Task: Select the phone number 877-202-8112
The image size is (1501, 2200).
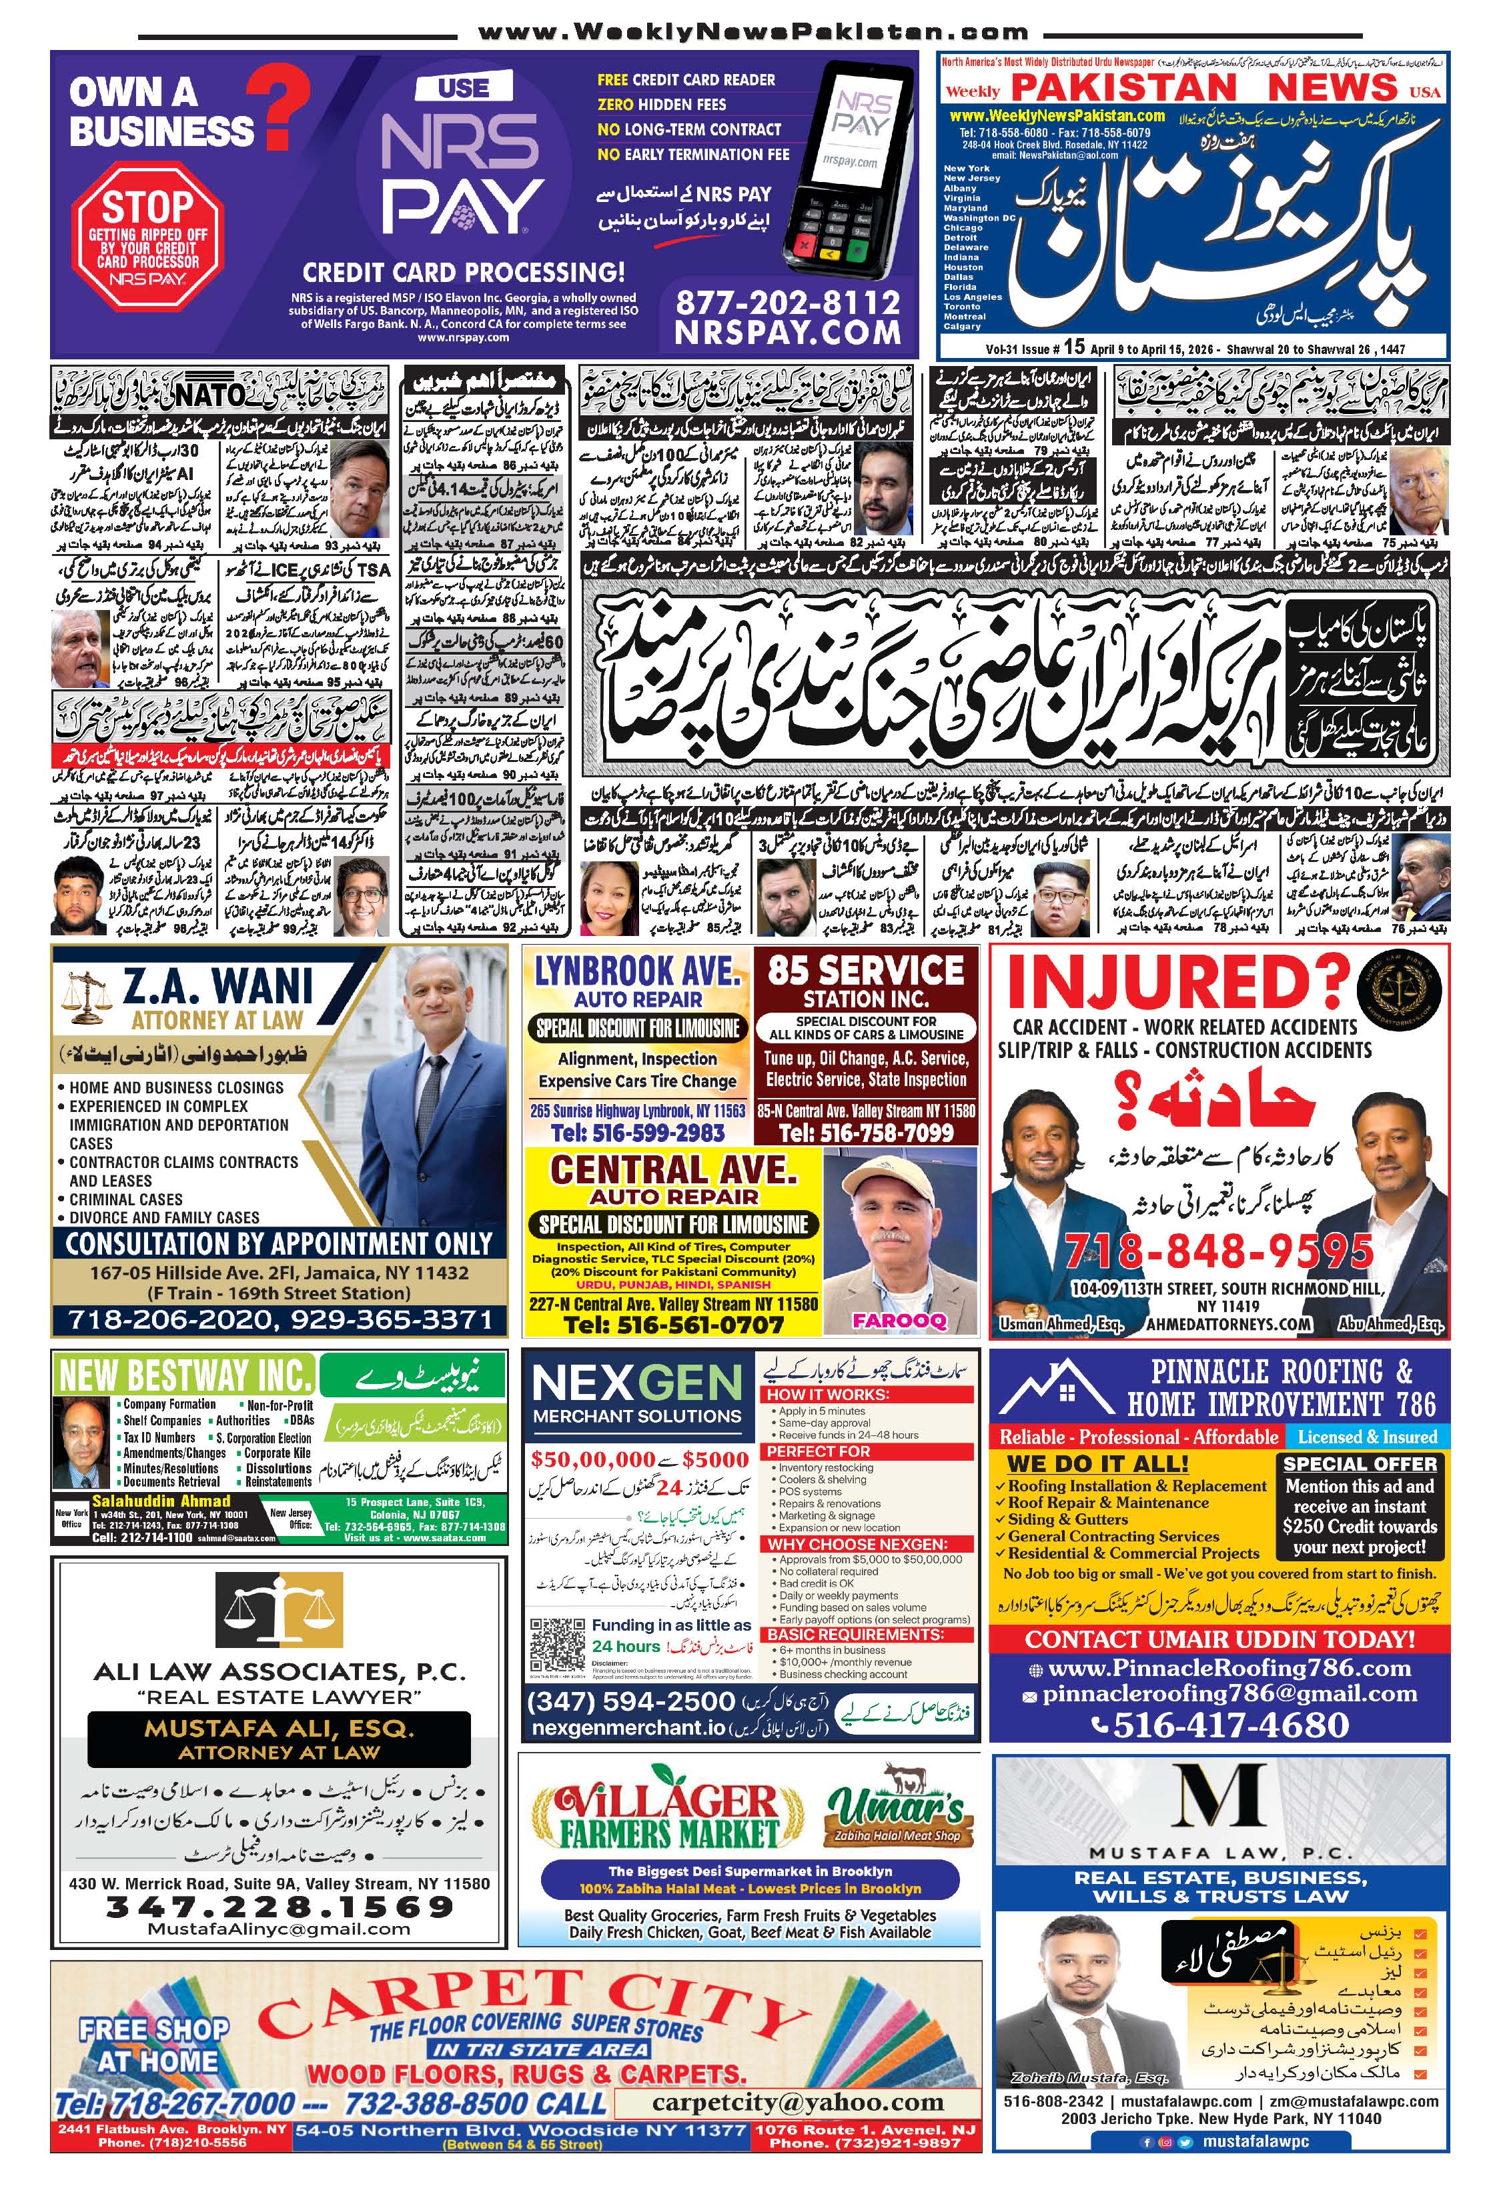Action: tap(788, 302)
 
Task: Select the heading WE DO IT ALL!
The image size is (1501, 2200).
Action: tap(1097, 1463)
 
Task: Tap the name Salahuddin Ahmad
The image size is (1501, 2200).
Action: tap(161, 1501)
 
